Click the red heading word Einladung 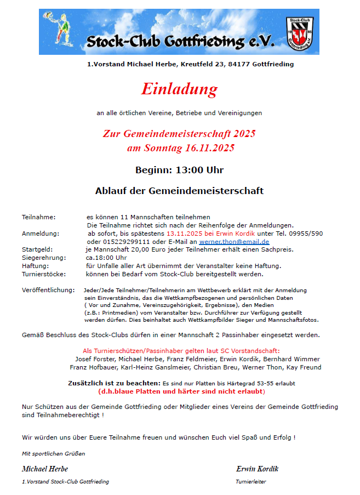coord(179,89)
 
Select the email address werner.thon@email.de coord(234,242)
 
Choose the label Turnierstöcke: coord(44,274)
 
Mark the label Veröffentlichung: coord(48,289)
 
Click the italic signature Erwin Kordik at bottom coord(257,469)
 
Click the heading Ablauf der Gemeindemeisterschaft coord(179,191)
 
